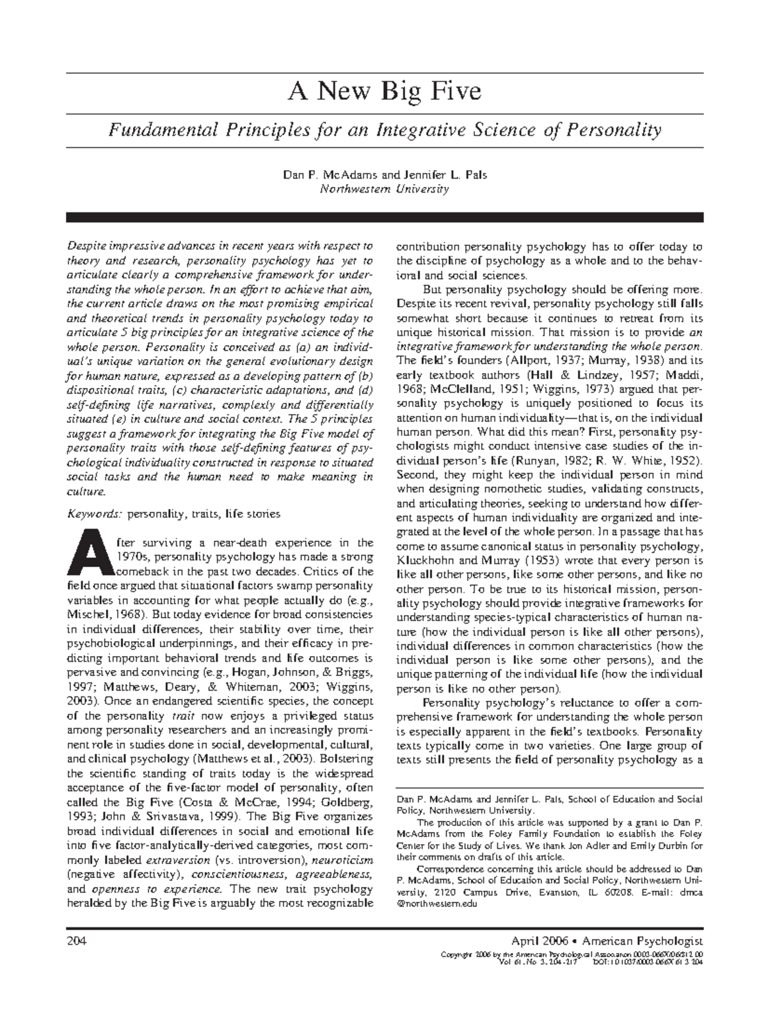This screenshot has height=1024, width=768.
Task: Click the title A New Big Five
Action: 385,92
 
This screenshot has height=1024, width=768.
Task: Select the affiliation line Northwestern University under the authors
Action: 385,189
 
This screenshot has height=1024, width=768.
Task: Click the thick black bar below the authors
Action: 385,218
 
